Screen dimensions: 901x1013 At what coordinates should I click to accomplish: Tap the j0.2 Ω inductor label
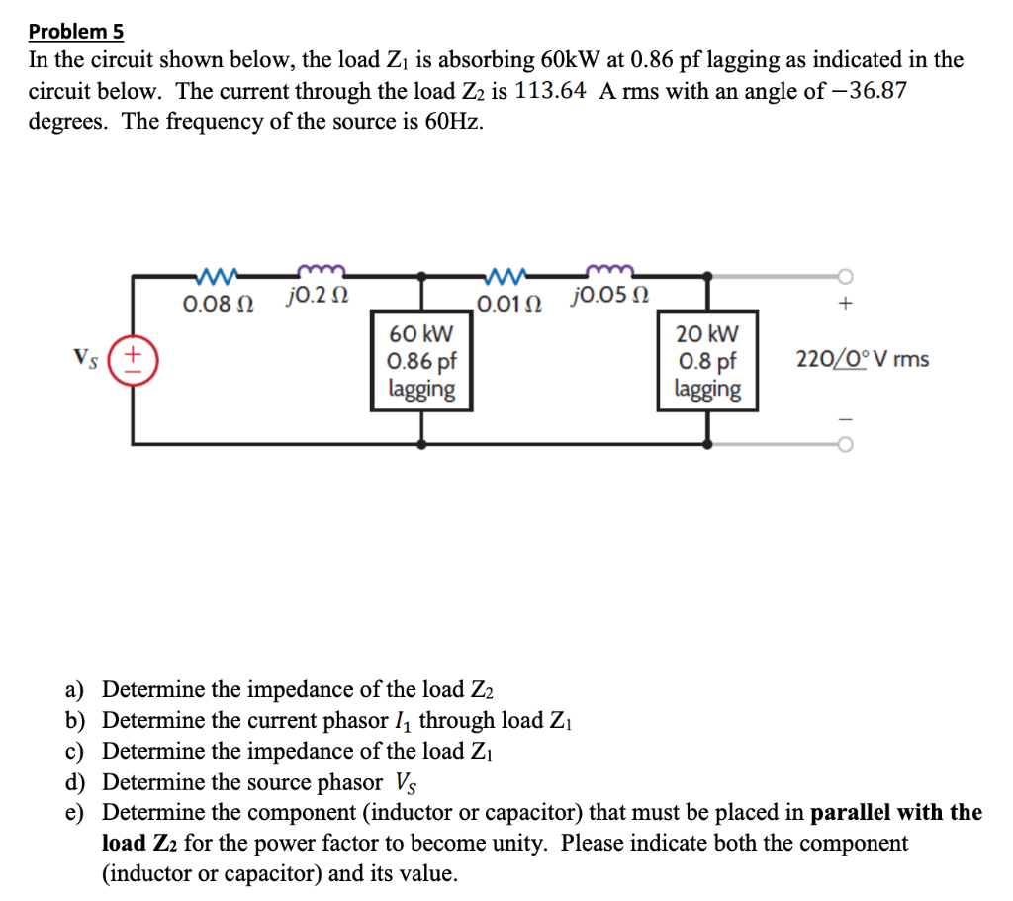[316, 296]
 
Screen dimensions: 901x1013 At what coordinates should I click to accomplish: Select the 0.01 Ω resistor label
[507, 302]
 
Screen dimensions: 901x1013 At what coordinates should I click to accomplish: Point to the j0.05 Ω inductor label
[610, 296]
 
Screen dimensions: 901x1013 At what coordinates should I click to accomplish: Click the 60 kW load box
[422, 361]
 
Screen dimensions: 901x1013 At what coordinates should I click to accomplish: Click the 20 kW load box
[707, 361]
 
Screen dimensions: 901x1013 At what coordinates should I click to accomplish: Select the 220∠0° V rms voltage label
[862, 358]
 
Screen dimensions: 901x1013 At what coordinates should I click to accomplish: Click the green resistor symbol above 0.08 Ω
[216, 273]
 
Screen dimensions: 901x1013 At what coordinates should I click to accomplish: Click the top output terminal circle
[845, 275]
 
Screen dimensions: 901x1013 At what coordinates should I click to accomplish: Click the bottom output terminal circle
[845, 444]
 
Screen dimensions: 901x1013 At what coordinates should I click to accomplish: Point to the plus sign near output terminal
[845, 305]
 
